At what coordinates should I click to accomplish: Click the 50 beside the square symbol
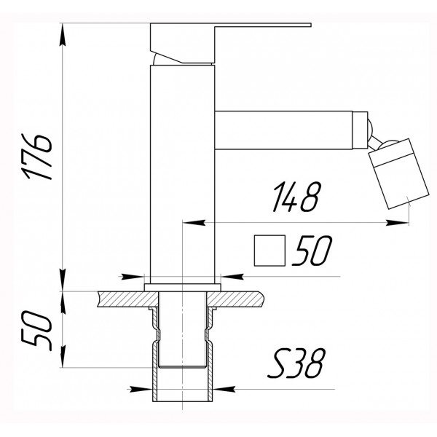(310, 251)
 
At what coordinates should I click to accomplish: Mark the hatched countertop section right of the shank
(237, 298)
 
